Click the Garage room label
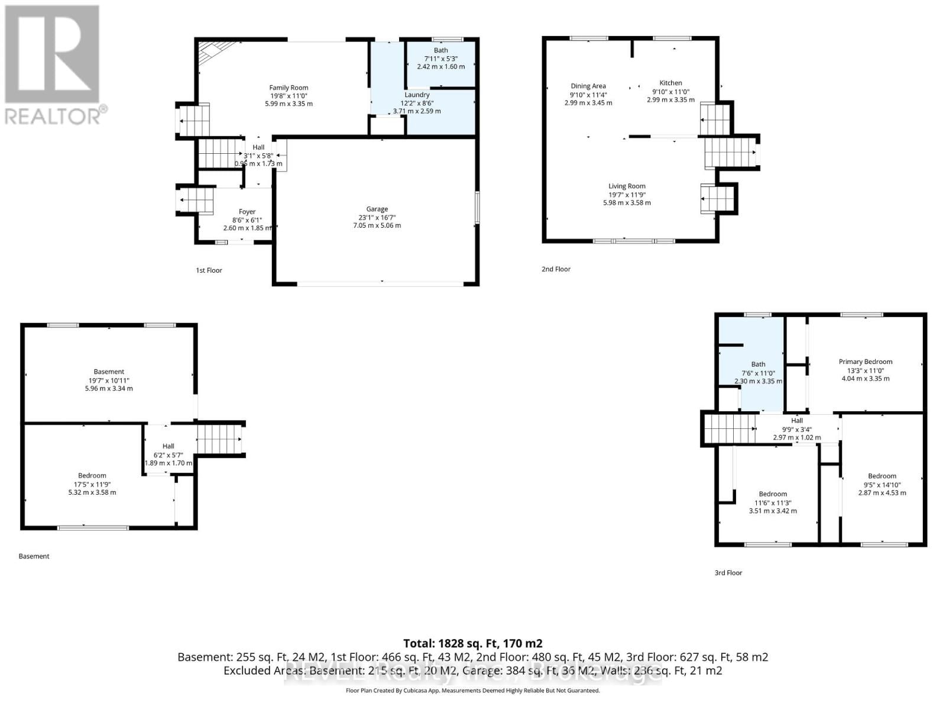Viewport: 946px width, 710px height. (377, 209)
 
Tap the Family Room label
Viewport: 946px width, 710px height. (289, 88)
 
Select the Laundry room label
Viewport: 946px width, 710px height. (417, 95)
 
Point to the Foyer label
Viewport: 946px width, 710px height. (247, 211)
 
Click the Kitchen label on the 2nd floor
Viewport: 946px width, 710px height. (670, 83)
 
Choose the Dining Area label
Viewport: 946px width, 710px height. (588, 86)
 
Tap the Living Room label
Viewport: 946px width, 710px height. (627, 186)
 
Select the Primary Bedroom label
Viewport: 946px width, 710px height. (865, 362)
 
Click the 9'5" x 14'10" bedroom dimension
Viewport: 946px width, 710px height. (882, 485)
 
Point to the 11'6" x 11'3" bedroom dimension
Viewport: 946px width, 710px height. (773, 503)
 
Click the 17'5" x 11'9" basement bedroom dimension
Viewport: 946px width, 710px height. (92, 484)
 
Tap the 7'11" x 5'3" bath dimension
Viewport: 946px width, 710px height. (441, 59)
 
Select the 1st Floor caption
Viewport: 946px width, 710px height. (209, 270)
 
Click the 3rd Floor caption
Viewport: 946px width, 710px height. (728, 573)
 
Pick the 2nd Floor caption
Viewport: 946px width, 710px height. (556, 269)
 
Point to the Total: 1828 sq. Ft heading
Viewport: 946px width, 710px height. (472, 643)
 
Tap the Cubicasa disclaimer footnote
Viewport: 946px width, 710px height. (472, 690)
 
